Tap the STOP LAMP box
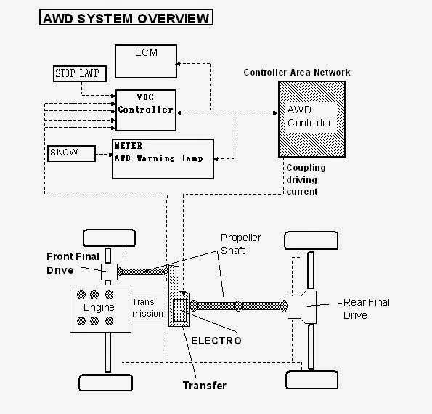[81, 73]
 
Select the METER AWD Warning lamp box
[163, 158]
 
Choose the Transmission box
[149, 308]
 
